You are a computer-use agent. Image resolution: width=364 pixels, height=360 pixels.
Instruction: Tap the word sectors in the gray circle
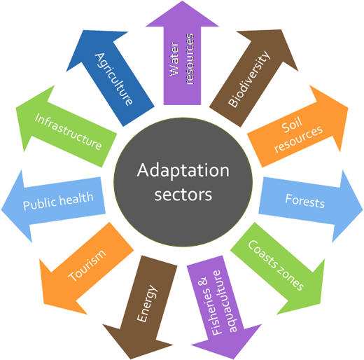pyautogui.click(x=183, y=195)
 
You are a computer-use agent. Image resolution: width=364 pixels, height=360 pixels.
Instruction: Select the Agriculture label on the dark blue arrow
pyautogui.click(x=113, y=79)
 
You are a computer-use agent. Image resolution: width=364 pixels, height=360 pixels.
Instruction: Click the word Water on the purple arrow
pyautogui.click(x=174, y=59)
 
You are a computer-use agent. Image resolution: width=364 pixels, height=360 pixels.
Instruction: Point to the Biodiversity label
pyautogui.click(x=249, y=79)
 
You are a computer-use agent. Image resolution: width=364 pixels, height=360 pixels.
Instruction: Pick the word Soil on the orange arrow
pyautogui.click(x=292, y=125)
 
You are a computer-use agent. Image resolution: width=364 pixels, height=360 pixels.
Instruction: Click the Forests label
pyautogui.click(x=305, y=201)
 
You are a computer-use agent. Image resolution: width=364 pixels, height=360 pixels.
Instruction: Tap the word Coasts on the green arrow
pyautogui.click(x=262, y=254)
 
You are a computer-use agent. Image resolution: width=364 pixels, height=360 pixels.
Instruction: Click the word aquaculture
pyautogui.click(x=227, y=301)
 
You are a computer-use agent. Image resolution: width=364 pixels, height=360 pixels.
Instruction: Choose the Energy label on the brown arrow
pyautogui.click(x=147, y=303)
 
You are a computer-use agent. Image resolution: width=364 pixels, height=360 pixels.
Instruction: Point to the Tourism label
pyautogui.click(x=87, y=265)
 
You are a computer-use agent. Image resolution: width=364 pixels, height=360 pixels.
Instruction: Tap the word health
pyautogui.click(x=76, y=198)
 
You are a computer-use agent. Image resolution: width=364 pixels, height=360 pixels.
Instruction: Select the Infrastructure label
pyautogui.click(x=68, y=132)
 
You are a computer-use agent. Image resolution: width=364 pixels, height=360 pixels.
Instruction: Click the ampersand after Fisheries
pyautogui.click(x=202, y=282)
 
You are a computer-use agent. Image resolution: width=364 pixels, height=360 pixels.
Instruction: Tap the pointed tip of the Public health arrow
pyautogui.click(x=1, y=209)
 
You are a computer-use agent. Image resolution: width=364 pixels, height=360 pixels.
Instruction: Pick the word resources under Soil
pyautogui.click(x=298, y=139)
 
